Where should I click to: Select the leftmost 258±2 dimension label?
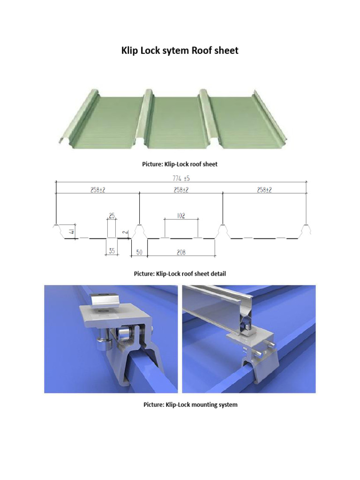[x=97, y=190]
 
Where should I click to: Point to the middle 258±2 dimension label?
[x=181, y=190]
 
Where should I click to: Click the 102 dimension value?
[x=181, y=216]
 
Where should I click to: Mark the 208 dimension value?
[x=181, y=252]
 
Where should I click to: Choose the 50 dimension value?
[x=139, y=252]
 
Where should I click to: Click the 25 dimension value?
[x=112, y=216]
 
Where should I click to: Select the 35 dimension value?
[x=112, y=251]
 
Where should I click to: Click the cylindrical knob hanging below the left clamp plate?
[x=101, y=345]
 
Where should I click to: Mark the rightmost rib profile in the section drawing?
[x=307, y=230]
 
